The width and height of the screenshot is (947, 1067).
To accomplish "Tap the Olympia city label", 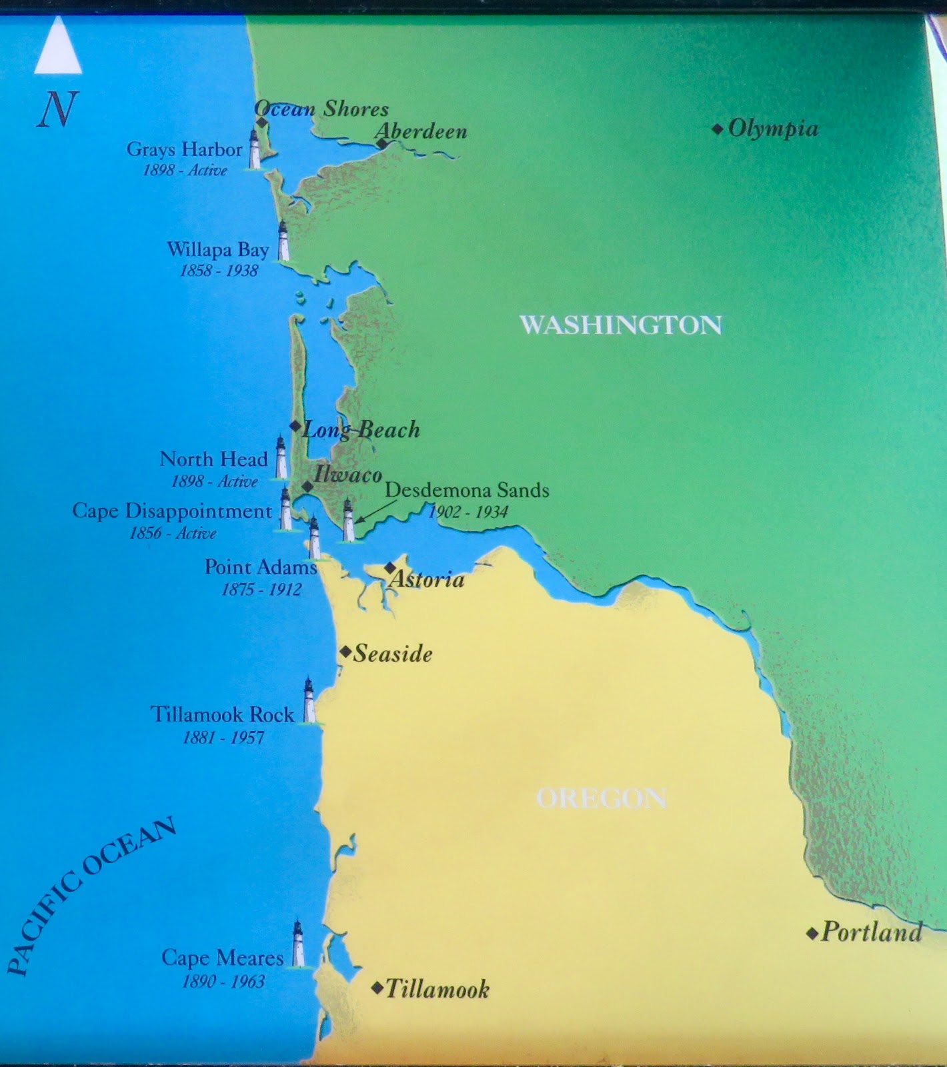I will [x=773, y=129].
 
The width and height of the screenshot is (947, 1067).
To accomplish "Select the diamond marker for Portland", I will [x=812, y=934].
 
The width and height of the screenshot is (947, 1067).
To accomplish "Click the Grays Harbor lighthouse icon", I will [x=254, y=149].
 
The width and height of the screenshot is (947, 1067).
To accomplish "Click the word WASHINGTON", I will [x=620, y=325].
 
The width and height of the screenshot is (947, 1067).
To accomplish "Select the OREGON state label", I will [x=601, y=798].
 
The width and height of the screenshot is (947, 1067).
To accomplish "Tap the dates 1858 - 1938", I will [x=219, y=271].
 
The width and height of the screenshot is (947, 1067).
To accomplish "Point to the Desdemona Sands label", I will [x=467, y=491].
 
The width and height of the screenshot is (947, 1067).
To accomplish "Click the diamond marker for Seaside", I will [x=345, y=652].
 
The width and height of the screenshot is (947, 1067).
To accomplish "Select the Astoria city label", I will [x=427, y=580].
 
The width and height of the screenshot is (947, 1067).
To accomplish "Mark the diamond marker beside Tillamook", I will [x=377, y=988].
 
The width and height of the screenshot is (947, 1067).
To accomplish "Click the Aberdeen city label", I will [x=421, y=131].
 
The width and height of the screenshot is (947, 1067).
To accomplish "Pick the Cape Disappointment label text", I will [x=172, y=511].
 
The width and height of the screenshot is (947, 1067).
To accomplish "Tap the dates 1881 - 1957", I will [x=223, y=738].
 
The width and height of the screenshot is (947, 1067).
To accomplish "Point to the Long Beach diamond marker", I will [x=295, y=426].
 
